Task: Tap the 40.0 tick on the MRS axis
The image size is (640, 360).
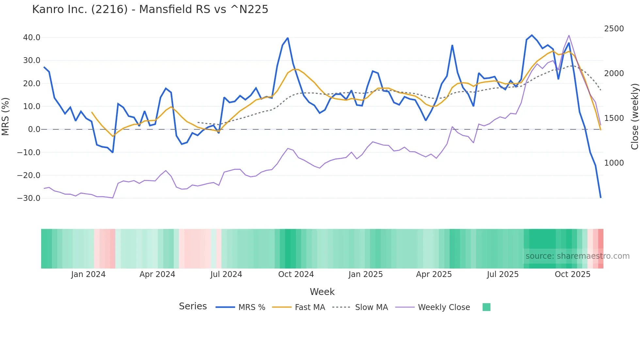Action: pos(32,38)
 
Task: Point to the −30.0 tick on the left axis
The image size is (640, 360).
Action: pos(29,198)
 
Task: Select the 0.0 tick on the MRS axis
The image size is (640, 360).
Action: pos(34,129)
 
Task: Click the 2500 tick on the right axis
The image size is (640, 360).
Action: pos(614,29)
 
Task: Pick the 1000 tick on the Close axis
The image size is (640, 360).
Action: pos(614,163)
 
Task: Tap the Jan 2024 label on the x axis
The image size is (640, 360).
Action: pos(88,274)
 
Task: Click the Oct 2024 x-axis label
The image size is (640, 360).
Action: pos(296,274)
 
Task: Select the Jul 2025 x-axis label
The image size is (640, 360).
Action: pos(503,274)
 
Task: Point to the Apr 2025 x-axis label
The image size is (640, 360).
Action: pos(434,274)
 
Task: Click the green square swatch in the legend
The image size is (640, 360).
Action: pos(486,307)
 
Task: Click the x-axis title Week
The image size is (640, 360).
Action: pos(322,292)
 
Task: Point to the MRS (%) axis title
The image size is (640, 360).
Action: pos(5,116)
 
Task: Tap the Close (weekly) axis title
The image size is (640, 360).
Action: pos(634,116)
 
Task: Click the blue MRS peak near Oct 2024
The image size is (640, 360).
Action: pos(288,38)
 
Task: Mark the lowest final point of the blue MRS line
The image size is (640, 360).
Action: pos(600,197)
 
